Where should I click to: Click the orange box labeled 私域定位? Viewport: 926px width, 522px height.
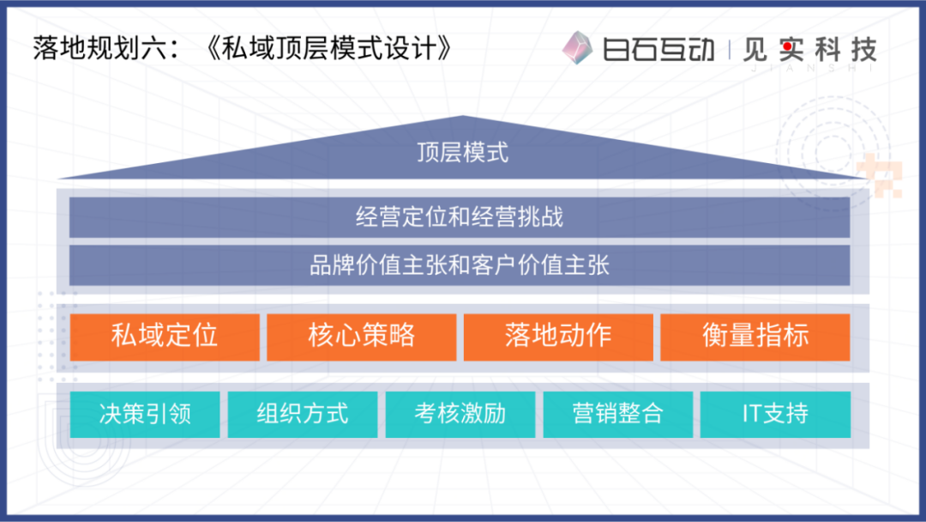[x=165, y=337]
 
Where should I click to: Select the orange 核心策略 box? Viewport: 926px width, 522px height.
[x=362, y=337]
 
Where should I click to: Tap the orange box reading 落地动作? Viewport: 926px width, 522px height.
[x=558, y=337]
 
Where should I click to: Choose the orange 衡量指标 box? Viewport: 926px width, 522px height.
[x=755, y=337]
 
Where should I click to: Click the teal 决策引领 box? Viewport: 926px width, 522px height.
[x=145, y=415]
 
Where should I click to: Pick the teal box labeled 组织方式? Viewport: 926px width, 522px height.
[x=303, y=415]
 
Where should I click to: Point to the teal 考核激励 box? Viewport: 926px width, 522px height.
[x=460, y=415]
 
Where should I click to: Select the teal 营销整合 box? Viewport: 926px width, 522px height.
[x=617, y=415]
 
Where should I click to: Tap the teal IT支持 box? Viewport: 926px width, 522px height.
[x=775, y=415]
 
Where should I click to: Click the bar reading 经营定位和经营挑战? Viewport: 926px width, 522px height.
[x=460, y=217]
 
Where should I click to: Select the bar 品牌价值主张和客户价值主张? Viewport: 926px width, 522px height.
[x=460, y=265]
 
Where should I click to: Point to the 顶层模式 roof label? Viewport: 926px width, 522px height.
[x=462, y=153]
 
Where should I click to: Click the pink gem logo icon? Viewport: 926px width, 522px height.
[x=577, y=47]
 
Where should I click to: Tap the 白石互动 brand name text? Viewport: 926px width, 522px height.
[x=658, y=49]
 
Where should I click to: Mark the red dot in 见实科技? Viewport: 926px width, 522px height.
[x=787, y=46]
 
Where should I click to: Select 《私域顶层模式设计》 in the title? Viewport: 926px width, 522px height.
[x=328, y=48]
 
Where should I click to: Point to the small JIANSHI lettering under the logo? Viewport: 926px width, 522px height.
[x=812, y=68]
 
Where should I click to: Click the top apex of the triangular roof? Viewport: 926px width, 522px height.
[x=463, y=116]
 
